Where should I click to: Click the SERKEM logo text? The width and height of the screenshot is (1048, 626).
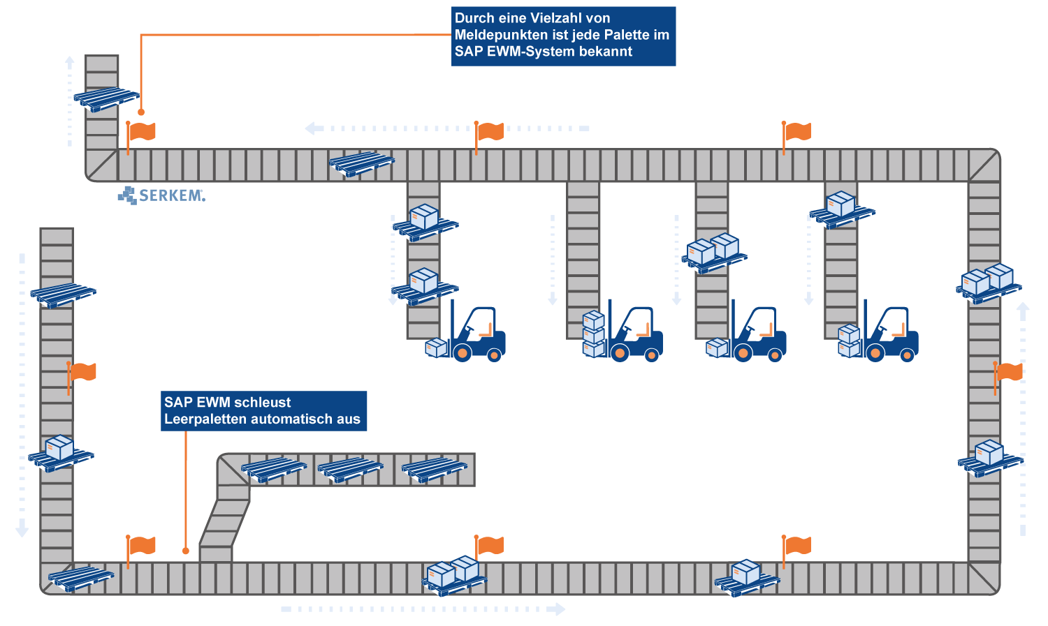coord(171,195)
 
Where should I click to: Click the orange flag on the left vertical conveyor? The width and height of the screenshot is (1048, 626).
coord(82,372)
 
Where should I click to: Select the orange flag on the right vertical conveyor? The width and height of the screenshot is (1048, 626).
coord(1008,372)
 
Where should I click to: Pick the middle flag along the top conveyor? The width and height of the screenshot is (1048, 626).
coord(490,131)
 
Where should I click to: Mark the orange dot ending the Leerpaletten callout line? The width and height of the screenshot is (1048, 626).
coord(186,551)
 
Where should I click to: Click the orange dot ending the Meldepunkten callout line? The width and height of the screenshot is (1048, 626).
coord(141,112)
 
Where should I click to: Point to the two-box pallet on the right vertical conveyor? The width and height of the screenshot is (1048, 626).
coord(989,283)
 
